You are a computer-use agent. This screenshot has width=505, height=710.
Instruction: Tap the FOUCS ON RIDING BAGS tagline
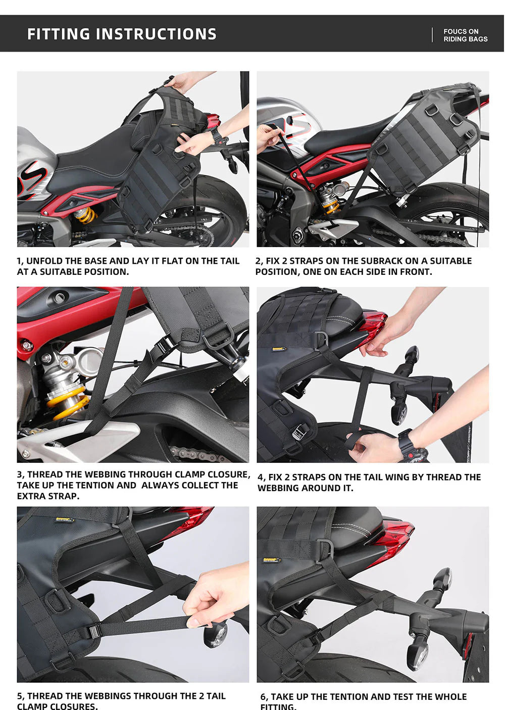(465, 35)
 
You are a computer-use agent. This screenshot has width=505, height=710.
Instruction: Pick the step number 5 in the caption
(20, 696)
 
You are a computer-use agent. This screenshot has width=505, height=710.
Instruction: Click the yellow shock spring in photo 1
(85, 216)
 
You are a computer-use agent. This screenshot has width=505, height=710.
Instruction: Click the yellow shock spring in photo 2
(330, 205)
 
